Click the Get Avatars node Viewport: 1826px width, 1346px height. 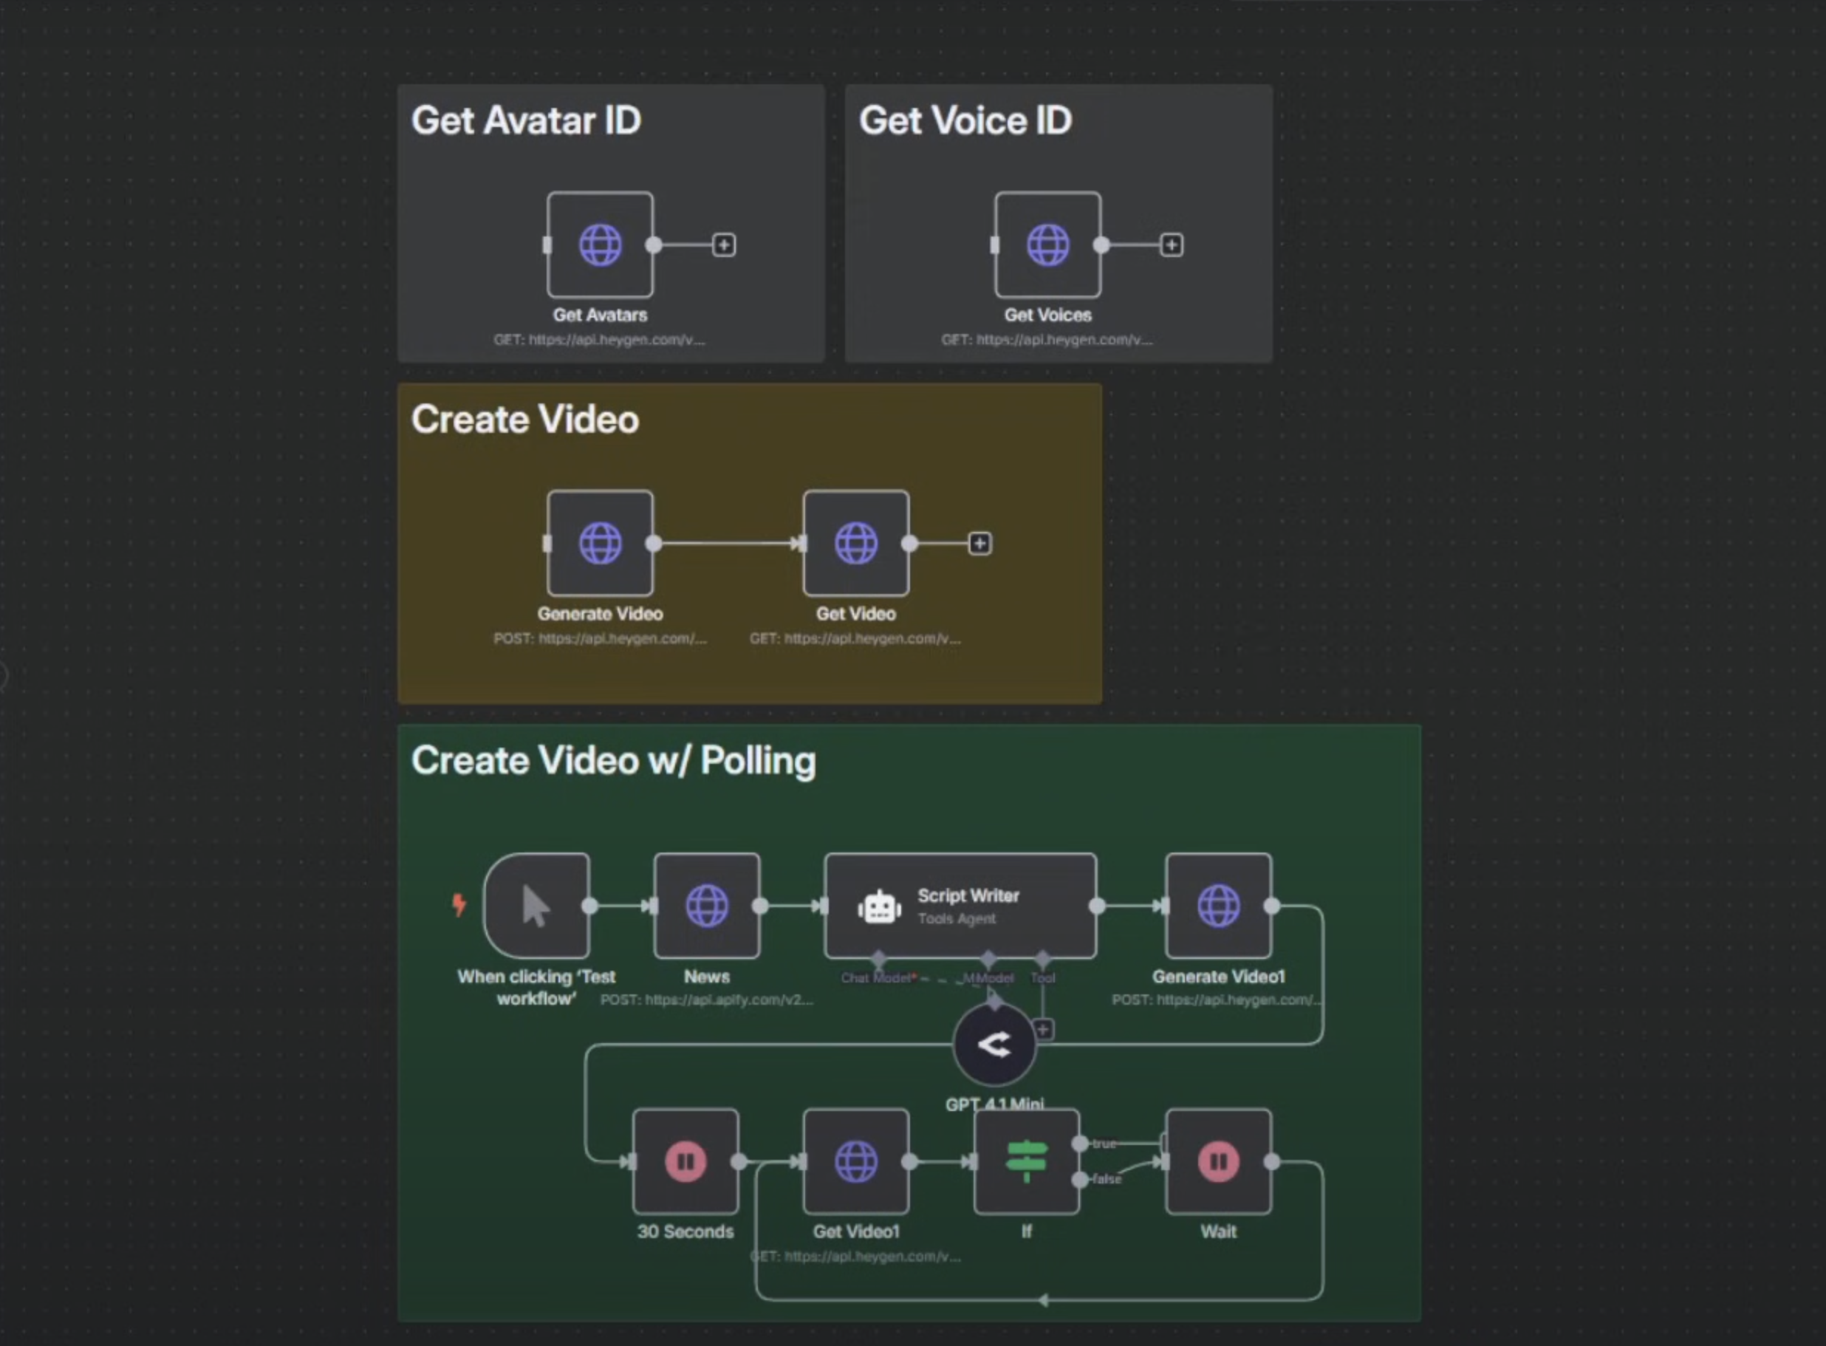[601, 245]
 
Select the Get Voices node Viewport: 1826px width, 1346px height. [1047, 245]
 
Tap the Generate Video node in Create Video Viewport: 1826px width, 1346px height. [601, 544]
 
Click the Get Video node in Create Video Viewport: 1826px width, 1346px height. [856, 544]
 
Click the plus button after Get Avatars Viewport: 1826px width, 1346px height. [724, 245]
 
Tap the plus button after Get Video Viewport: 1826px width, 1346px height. [979, 544]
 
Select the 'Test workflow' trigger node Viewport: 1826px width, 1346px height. [537, 905]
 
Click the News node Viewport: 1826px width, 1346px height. [707, 905]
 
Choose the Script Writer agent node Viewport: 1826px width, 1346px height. [960, 905]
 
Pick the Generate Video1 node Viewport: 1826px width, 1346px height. [1218, 905]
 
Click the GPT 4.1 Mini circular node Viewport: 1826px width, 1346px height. [994, 1045]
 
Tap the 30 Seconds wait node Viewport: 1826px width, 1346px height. [685, 1161]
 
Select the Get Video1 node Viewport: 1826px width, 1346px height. [856, 1161]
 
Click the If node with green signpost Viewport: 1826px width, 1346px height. [1026, 1161]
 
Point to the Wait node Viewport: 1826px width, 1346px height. [1218, 1161]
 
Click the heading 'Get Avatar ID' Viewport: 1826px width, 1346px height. [526, 120]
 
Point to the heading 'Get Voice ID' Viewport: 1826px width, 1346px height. [965, 120]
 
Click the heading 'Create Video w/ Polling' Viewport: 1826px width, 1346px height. [613, 760]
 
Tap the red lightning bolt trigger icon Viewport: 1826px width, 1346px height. [459, 903]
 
